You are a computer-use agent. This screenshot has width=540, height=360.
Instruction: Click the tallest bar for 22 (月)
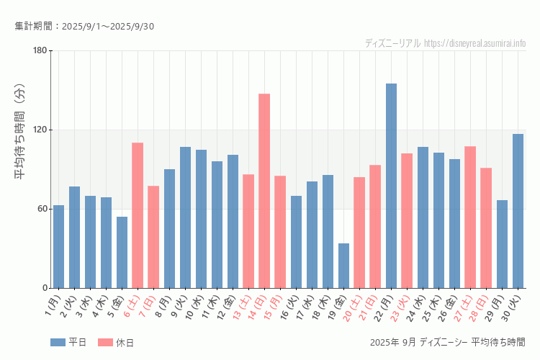click(391, 186)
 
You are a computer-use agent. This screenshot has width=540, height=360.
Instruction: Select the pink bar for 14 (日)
click(264, 191)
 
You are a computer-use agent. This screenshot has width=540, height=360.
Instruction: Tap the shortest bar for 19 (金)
click(343, 266)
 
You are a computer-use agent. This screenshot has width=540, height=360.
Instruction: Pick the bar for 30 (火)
click(518, 211)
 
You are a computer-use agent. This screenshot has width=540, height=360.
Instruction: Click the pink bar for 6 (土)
click(138, 215)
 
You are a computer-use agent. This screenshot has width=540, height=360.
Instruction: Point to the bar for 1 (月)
click(58, 246)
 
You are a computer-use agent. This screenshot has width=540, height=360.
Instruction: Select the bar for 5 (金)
click(122, 252)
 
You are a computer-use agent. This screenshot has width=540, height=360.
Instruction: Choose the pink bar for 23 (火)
click(407, 220)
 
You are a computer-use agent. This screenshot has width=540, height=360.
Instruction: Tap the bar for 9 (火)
click(185, 217)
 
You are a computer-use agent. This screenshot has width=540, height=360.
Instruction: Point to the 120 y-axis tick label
click(40, 130)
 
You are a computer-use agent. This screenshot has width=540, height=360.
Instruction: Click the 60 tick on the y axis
click(42, 209)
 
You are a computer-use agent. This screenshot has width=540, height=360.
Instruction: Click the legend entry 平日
click(68, 343)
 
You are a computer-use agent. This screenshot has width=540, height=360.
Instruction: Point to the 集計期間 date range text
click(84, 27)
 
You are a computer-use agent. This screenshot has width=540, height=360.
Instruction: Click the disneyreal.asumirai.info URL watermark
click(475, 43)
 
